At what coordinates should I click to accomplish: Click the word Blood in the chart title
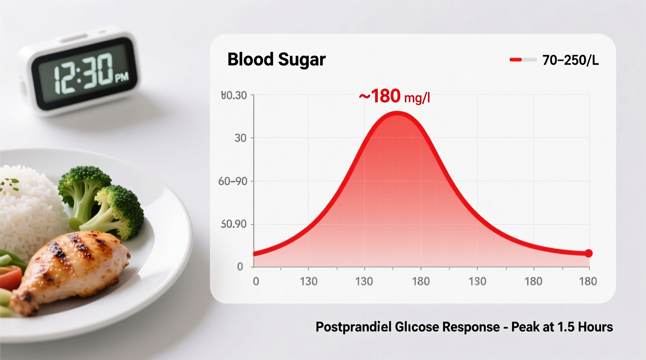pos(250,59)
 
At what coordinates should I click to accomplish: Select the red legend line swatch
pos(516,60)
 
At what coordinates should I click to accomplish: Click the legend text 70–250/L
pos(570,60)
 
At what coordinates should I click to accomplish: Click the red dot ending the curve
pos(589,253)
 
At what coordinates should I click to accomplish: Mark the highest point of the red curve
pos(397,112)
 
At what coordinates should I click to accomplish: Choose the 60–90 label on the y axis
pos(233,181)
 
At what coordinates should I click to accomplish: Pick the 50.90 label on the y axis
pos(234,224)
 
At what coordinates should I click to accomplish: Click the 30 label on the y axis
pos(240,138)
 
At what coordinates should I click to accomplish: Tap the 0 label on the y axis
pos(240,267)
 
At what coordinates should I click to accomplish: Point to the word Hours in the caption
pos(595,327)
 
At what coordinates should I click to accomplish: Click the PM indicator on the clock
pos(122,78)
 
